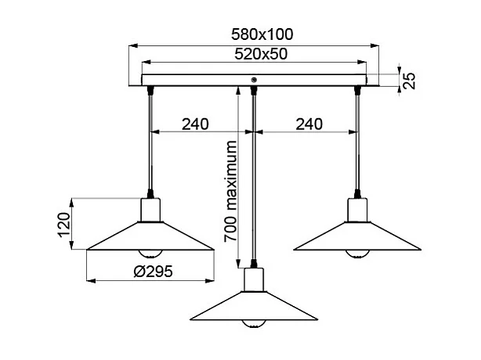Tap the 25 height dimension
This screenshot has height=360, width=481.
click(408, 80)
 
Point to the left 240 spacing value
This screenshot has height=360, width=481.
click(195, 124)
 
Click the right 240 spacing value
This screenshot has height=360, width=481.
click(309, 124)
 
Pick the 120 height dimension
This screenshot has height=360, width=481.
click(67, 224)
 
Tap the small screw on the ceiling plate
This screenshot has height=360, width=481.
click(254, 80)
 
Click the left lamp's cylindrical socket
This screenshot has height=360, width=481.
click(150, 211)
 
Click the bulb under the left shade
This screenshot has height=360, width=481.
click(150, 254)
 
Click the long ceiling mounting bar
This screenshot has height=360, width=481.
click(196, 80)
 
